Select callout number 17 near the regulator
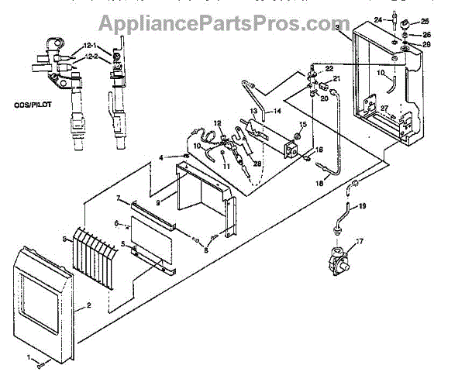coord(357,242)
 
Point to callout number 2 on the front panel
coord(89,306)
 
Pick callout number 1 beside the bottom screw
coord(30,357)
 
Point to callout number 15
coord(303,125)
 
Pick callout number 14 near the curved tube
coord(276,111)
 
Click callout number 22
coord(328,68)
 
